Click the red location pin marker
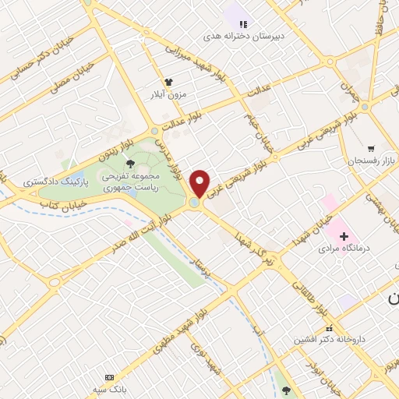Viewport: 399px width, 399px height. (201, 184)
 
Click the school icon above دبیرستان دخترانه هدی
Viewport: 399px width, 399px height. (244, 24)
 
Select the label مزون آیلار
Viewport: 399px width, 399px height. (168, 94)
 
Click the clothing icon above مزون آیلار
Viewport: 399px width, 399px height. (168, 82)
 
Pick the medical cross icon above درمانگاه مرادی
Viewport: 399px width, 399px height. (344, 235)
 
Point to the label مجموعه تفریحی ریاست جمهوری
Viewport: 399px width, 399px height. (129, 182)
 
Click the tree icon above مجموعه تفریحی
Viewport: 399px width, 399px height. (129, 164)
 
